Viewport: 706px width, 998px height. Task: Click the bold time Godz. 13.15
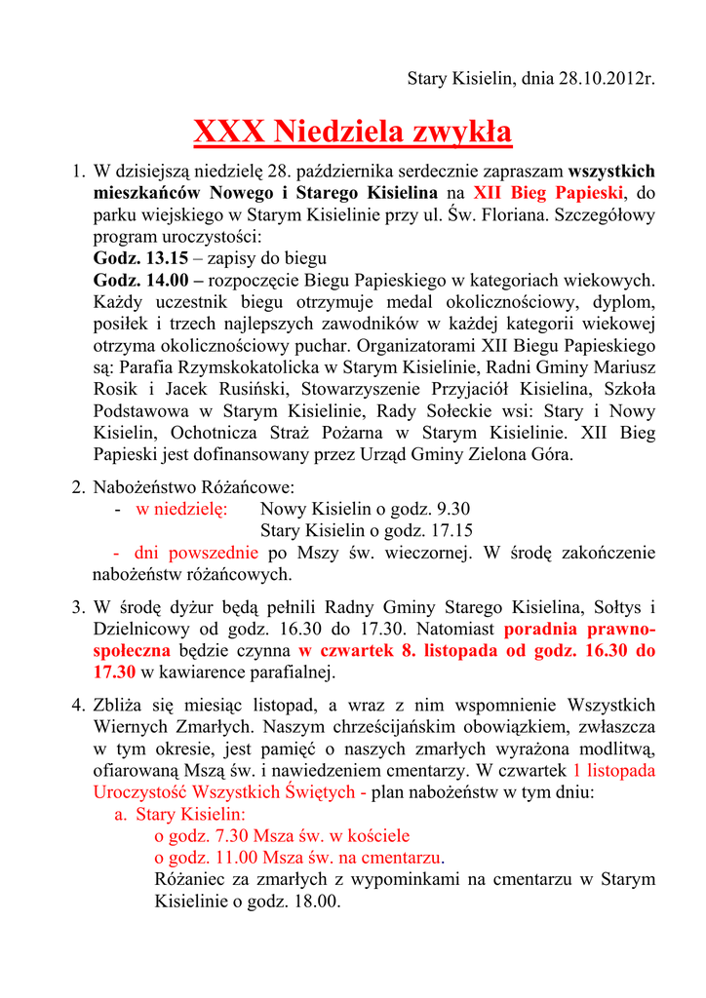[x=139, y=258]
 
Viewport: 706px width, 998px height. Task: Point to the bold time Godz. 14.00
[x=139, y=281]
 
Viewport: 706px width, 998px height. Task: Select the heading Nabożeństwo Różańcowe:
[x=193, y=486]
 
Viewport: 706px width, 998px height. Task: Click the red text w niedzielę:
[x=181, y=509]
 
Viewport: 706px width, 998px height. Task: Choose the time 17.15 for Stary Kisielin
[x=451, y=530]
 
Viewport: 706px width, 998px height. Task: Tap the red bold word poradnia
[x=544, y=629]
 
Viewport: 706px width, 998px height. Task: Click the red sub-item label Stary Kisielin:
[x=190, y=814]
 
